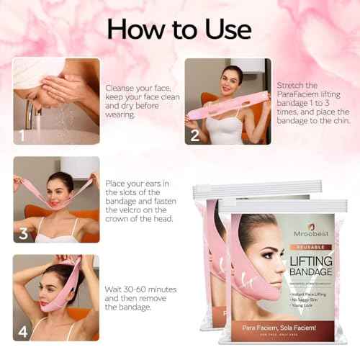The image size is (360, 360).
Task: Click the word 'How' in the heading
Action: click(135, 28)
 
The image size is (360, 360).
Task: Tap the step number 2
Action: click(194, 135)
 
